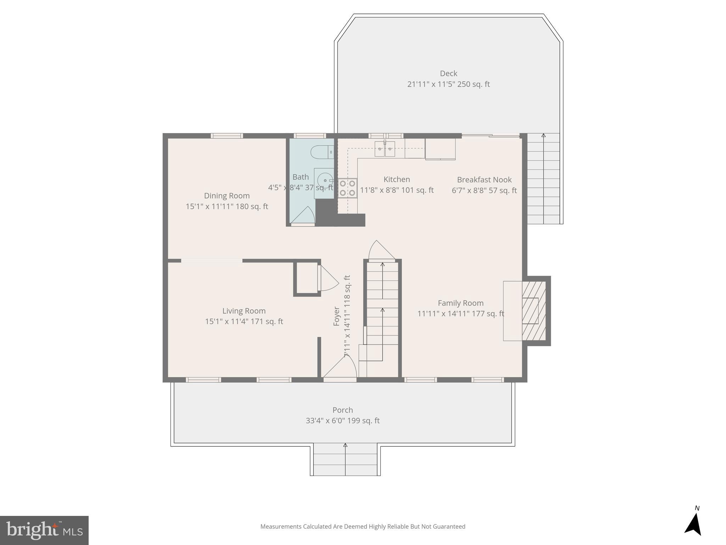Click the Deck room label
pos(448,73)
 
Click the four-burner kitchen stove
pos(347,188)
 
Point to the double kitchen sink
pos(385,149)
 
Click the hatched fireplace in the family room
pos(534,311)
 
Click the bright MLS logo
pos(44,530)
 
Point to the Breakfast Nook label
pos(484,180)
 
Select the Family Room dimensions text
pos(460,314)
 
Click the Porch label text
pos(342,410)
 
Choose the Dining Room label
pos(227,196)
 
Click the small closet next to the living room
pos(307,278)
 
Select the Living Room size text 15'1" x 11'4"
pos(244,321)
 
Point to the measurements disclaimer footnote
pos(363,527)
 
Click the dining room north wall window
pos(227,136)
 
